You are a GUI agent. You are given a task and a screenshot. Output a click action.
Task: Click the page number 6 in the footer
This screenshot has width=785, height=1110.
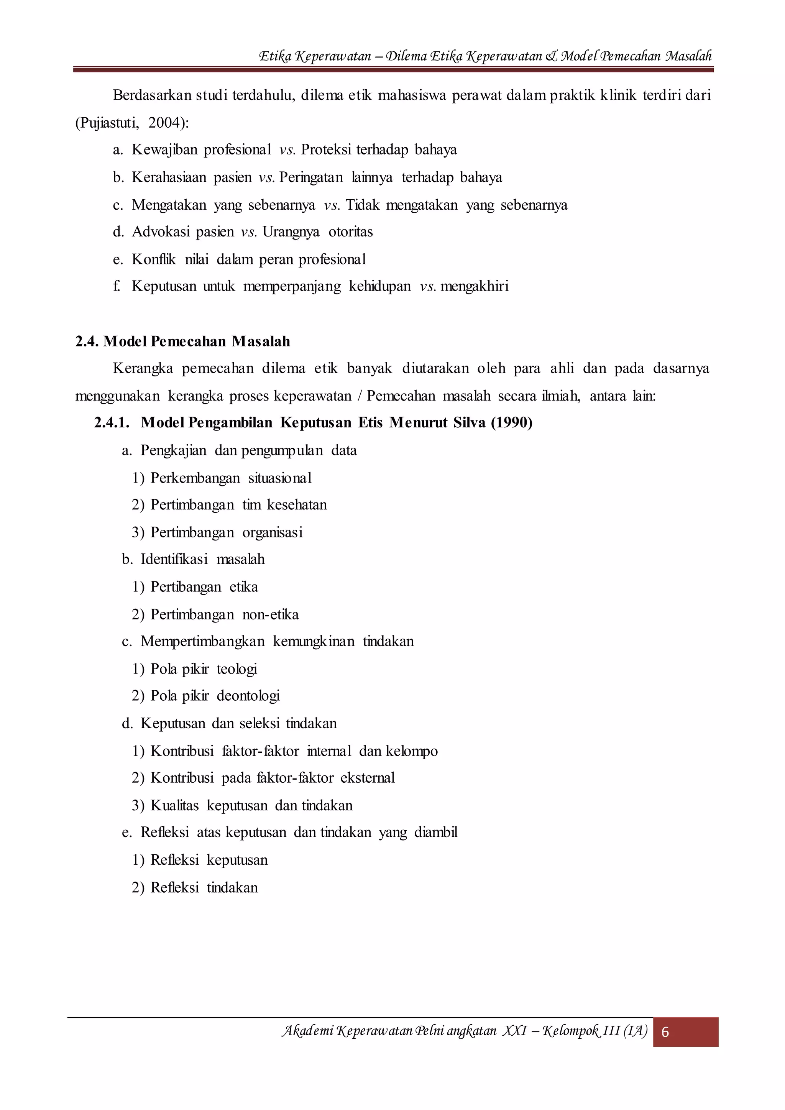665,1032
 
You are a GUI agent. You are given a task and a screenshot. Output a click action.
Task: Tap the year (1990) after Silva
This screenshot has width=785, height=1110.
511,422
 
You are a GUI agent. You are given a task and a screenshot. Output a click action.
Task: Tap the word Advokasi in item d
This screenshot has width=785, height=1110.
161,232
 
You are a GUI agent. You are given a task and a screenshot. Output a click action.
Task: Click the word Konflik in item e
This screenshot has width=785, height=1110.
154,259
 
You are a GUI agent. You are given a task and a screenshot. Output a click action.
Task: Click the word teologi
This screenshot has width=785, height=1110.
236,669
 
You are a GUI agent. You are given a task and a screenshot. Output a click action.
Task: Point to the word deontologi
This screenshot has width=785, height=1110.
248,696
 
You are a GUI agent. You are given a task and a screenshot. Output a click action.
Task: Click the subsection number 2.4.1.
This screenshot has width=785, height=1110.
112,422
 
